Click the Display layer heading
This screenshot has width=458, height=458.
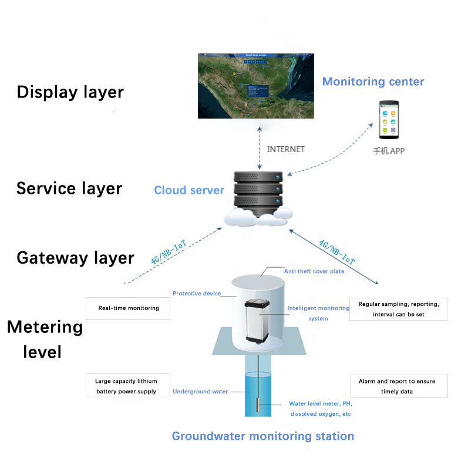(x=70, y=92)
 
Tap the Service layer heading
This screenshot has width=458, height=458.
(x=69, y=188)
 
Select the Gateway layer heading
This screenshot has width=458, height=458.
(x=75, y=258)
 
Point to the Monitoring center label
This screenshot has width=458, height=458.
(x=373, y=82)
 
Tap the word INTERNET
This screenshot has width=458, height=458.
(x=286, y=149)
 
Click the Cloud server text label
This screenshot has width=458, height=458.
(x=189, y=190)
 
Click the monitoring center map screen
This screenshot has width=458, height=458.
(x=256, y=86)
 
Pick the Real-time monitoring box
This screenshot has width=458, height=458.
(x=128, y=308)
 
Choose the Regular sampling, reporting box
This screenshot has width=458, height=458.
(x=399, y=309)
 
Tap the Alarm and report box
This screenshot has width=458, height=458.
(x=398, y=386)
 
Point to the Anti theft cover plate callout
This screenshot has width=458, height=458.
(x=314, y=271)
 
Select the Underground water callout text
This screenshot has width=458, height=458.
(x=200, y=392)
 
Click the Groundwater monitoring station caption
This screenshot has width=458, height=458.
(x=262, y=436)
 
